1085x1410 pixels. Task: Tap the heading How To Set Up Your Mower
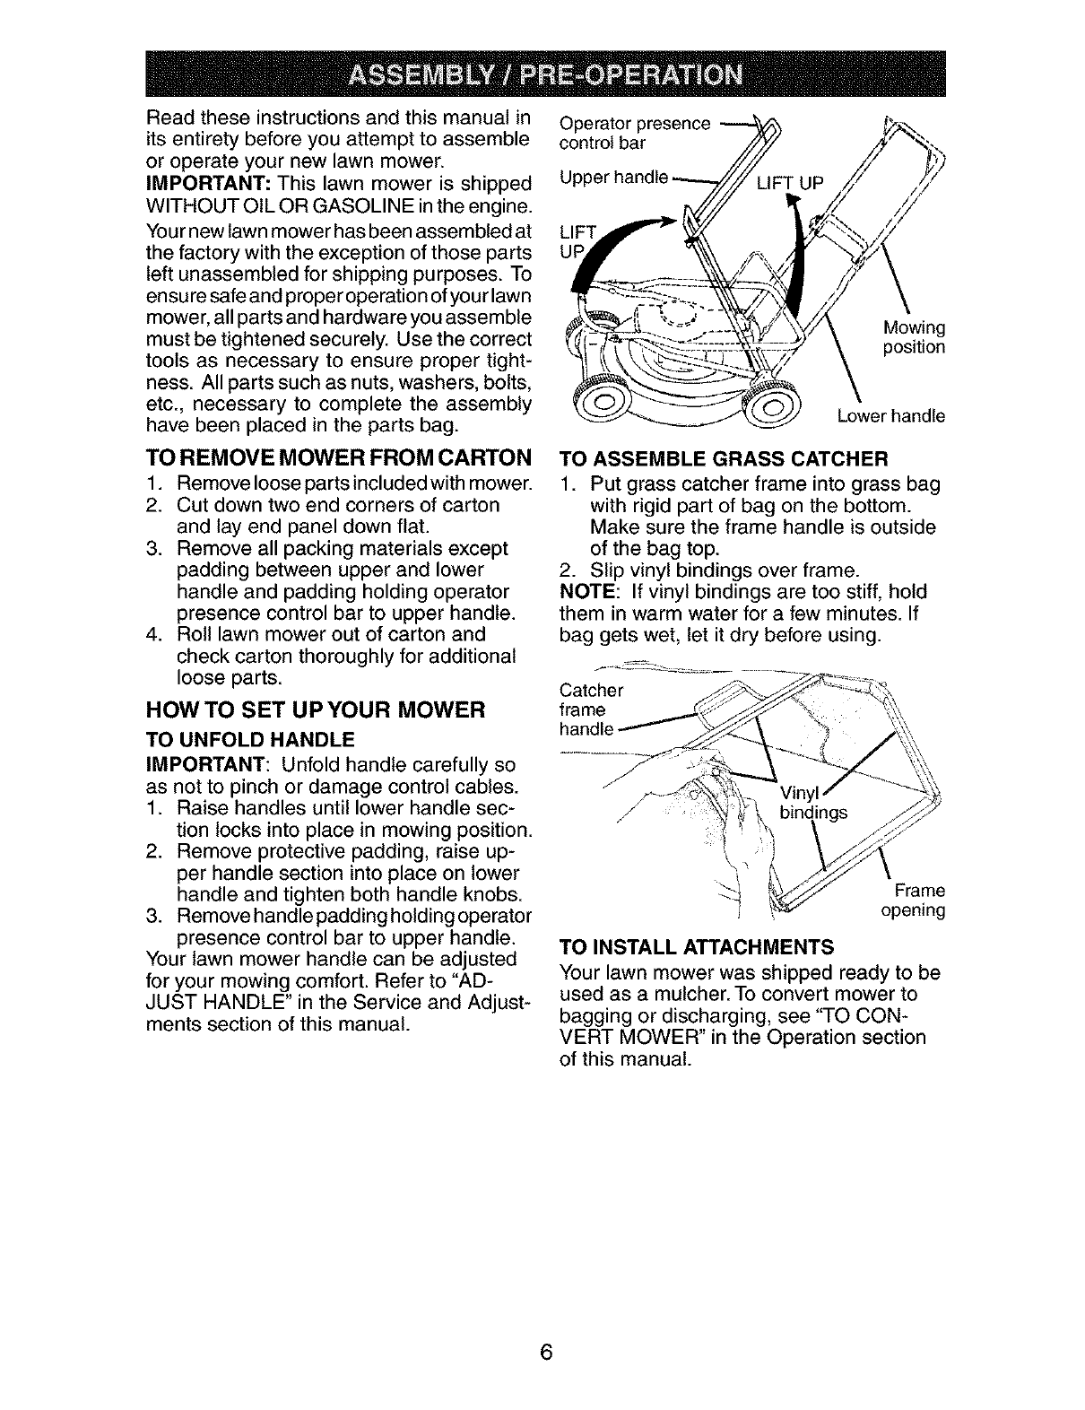(x=315, y=710)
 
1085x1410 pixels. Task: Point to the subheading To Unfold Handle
(x=250, y=739)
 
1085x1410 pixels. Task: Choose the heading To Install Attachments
(x=696, y=946)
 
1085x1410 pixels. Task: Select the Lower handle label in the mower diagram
(x=890, y=416)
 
